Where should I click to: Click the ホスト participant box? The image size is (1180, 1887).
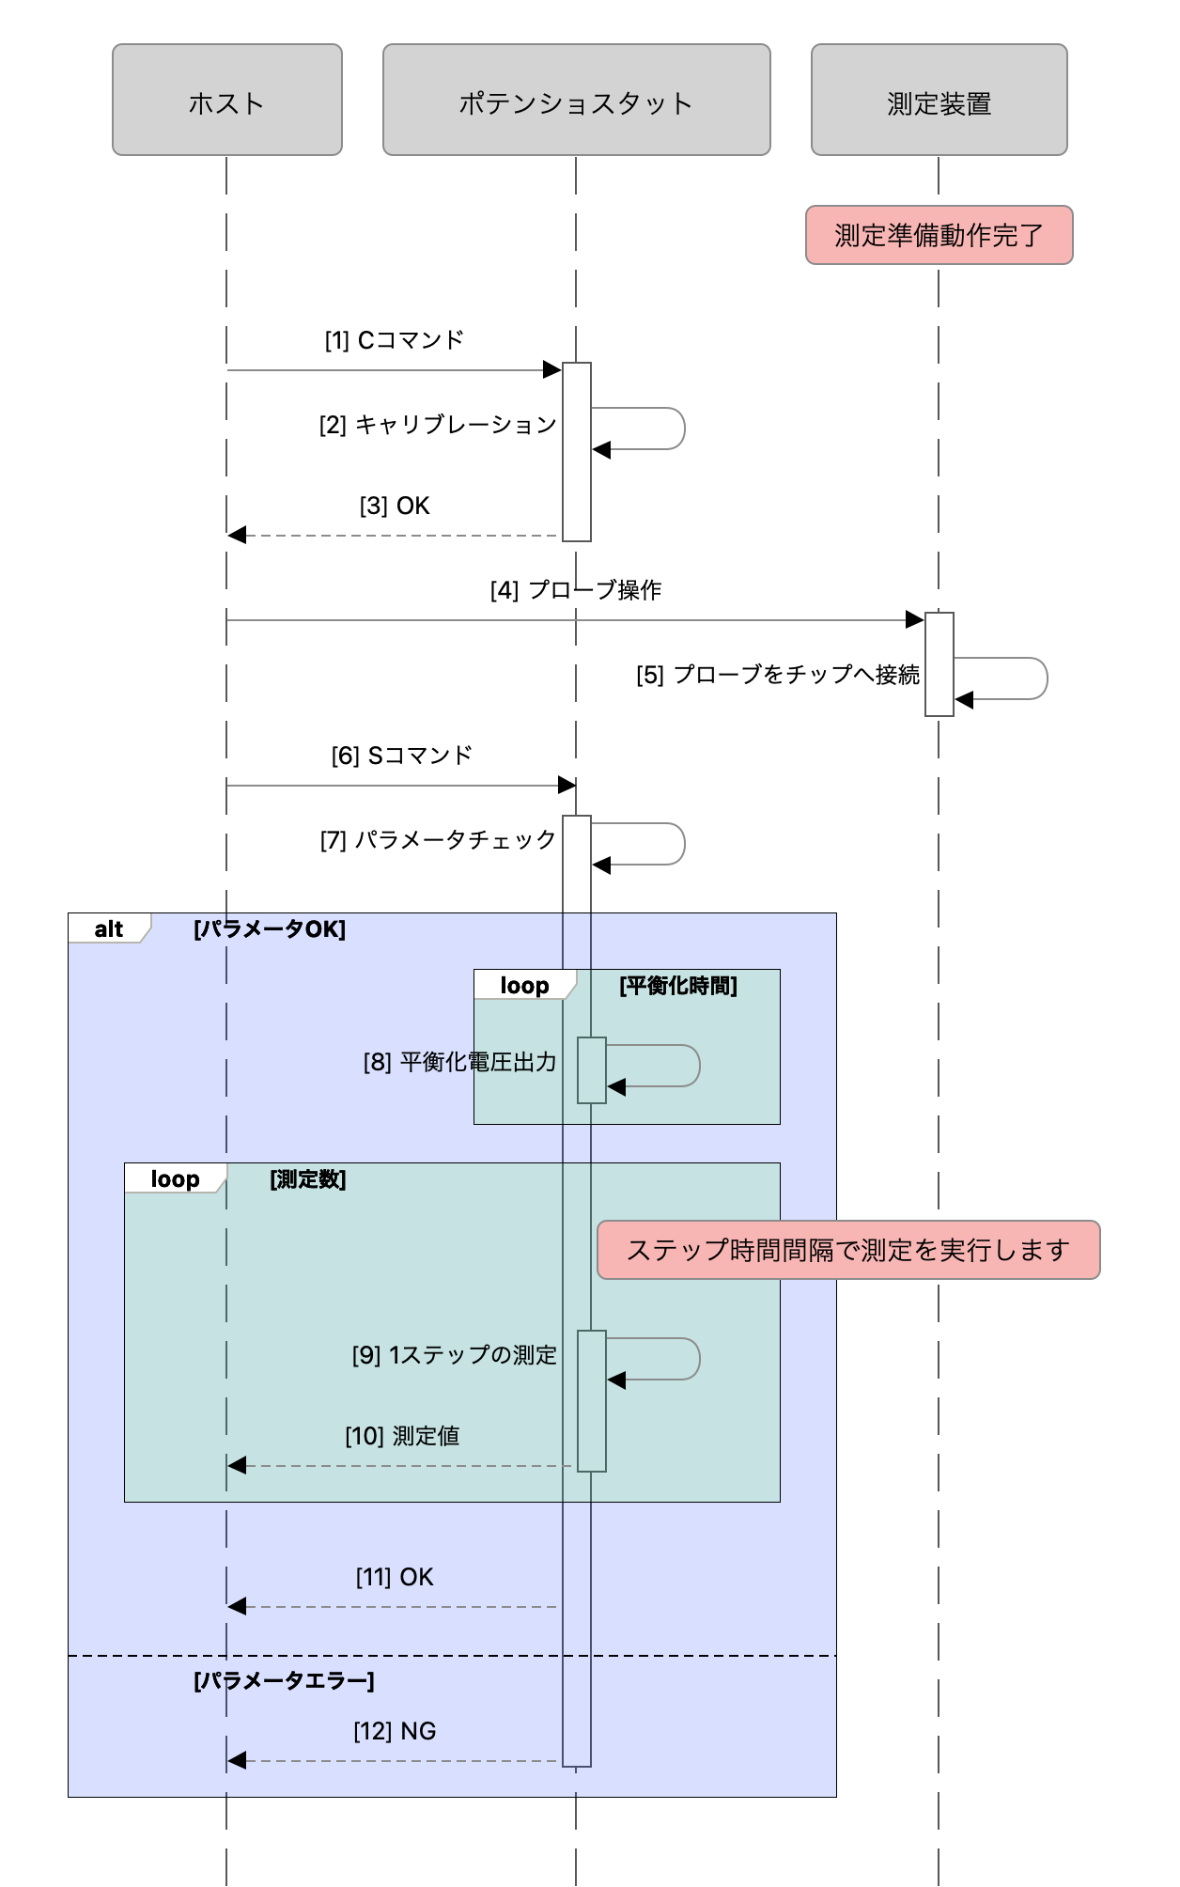[x=226, y=100]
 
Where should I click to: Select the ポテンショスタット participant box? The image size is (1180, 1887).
[x=576, y=100]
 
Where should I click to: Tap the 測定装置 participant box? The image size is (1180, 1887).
[x=939, y=100]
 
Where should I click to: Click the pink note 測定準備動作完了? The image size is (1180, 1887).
[x=939, y=235]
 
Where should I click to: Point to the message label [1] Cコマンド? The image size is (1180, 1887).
[x=395, y=340]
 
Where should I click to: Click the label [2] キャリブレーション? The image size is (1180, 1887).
[x=438, y=425]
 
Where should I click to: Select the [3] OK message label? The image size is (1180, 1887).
[x=395, y=506]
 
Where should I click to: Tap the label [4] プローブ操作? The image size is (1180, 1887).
[x=576, y=590]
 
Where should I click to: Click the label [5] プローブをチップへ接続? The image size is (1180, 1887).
[x=778, y=675]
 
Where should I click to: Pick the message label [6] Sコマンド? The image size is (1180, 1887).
[x=401, y=756]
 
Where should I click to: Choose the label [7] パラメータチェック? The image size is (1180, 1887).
[x=438, y=840]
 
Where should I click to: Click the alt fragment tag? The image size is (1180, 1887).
[x=109, y=928]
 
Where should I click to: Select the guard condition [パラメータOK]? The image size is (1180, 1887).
[x=270, y=929]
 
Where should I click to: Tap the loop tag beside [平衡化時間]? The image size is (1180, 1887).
[x=524, y=985]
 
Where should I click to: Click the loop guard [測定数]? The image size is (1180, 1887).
[x=308, y=1179]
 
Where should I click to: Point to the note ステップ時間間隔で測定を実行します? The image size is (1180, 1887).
[x=848, y=1250]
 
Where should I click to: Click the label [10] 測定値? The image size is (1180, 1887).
[x=402, y=1436]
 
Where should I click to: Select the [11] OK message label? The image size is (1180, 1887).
[x=395, y=1577]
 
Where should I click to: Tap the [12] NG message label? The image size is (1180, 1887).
[x=395, y=1731]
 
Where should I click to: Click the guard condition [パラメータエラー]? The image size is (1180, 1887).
[x=284, y=1681]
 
